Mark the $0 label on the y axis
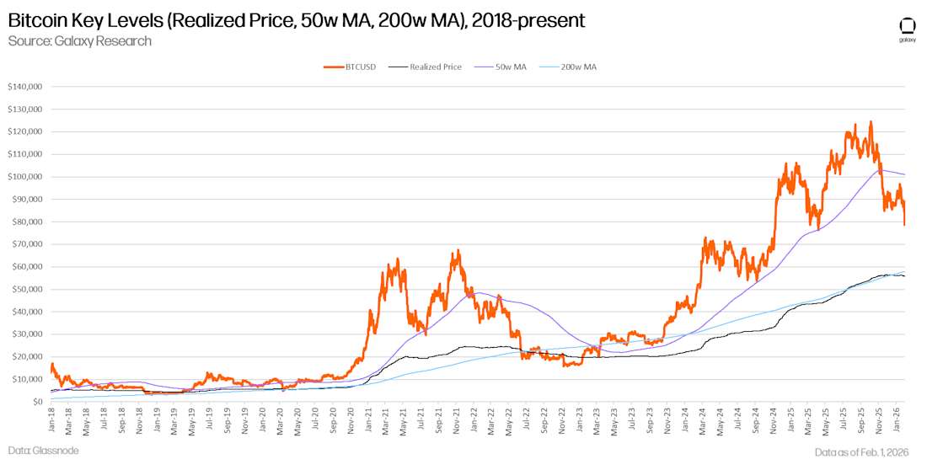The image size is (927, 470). (39, 402)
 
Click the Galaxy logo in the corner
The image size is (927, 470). (908, 26)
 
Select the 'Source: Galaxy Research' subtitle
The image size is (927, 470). (79, 40)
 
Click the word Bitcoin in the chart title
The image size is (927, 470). (36, 19)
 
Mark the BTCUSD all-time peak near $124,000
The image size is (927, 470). (870, 122)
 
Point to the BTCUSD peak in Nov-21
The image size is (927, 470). (457, 250)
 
